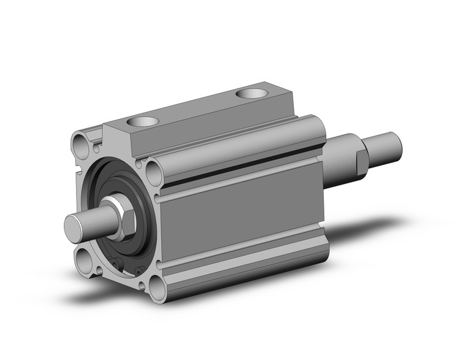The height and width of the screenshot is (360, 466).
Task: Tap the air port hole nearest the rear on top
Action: [x=251, y=93]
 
